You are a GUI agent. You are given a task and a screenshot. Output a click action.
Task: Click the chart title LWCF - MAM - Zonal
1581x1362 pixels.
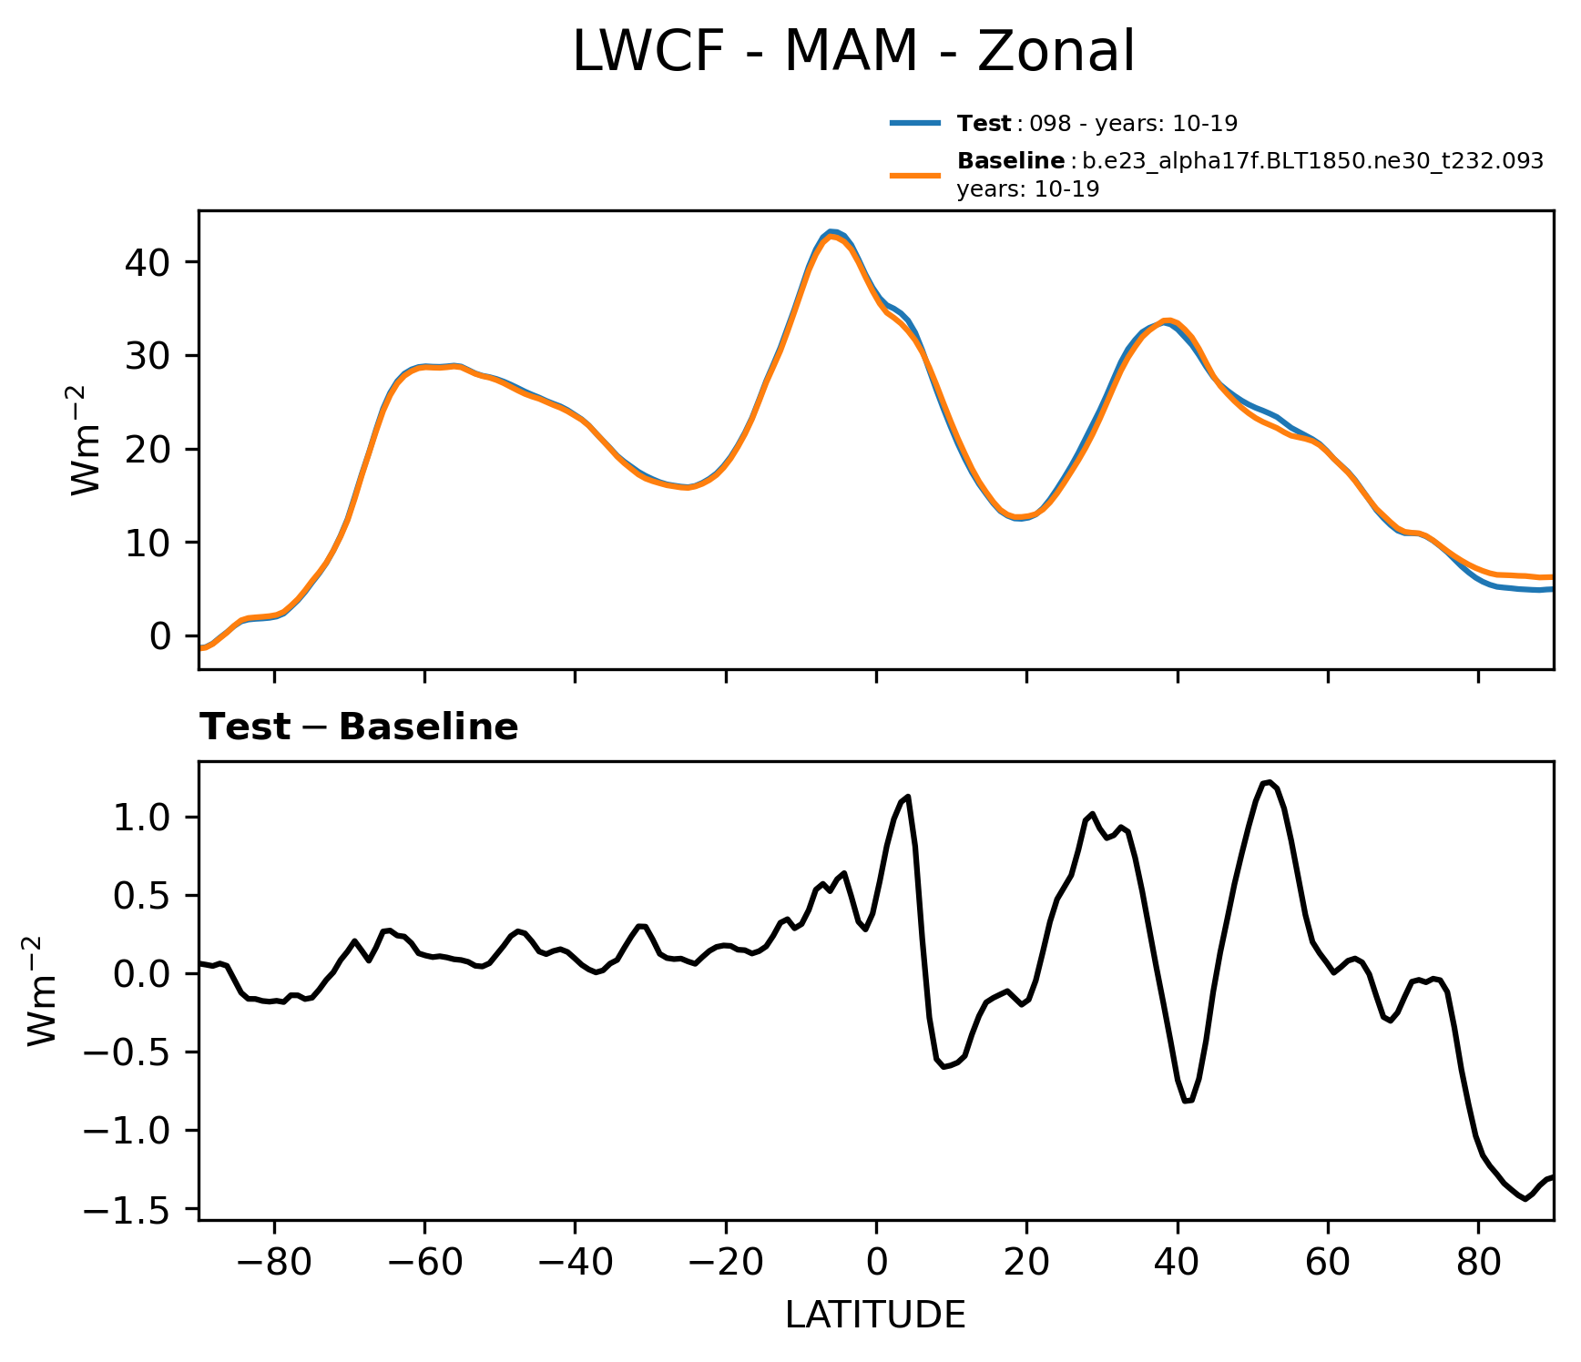pos(853,52)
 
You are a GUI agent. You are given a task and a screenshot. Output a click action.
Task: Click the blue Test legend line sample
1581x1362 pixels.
pos(914,123)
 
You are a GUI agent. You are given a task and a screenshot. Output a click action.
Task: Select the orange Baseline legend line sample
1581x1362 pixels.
pos(914,174)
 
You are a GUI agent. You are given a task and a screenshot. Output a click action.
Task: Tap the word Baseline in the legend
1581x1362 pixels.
pos(1011,161)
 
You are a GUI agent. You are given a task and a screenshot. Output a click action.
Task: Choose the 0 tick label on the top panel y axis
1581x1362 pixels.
pos(160,635)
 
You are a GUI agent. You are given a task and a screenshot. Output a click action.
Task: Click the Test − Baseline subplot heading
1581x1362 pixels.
pos(359,727)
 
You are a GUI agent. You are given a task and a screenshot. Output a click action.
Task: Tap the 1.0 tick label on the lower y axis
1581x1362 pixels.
pos(142,818)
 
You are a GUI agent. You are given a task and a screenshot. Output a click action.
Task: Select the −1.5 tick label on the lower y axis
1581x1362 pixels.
pos(127,1210)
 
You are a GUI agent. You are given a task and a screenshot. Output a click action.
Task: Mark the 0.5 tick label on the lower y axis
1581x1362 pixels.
pos(142,896)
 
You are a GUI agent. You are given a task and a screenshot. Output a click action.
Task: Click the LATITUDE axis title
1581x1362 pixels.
pos(875,1316)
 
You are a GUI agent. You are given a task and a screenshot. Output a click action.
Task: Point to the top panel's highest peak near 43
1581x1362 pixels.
pos(831,232)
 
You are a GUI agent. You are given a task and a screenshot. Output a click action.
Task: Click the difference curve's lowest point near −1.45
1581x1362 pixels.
pos(1525,1199)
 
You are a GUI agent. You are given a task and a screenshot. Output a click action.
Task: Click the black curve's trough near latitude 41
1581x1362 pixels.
pos(1187,1102)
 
